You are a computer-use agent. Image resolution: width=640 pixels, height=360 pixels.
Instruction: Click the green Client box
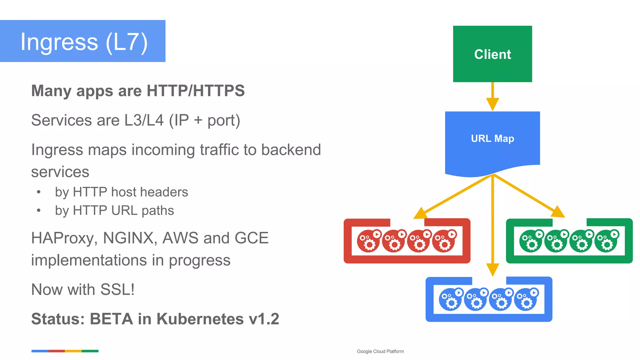coord(492,54)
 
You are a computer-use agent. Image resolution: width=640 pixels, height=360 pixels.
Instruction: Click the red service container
coord(407,241)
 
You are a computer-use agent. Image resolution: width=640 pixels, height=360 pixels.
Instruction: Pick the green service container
coord(569,241)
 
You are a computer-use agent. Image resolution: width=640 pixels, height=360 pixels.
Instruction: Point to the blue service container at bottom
coord(489,299)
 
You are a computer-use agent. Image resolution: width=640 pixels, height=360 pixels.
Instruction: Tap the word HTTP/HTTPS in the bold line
coord(196,91)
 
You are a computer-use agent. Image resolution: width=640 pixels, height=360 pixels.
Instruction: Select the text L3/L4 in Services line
coord(144,120)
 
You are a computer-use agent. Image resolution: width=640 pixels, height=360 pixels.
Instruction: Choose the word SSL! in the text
coord(117,289)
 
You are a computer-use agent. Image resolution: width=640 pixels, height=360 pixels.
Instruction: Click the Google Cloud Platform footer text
coord(380,352)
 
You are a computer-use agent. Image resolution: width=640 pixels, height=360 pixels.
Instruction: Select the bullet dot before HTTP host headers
coord(39,192)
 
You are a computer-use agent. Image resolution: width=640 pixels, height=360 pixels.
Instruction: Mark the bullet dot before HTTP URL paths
coord(39,211)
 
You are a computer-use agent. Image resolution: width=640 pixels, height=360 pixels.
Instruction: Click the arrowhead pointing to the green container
coord(558,212)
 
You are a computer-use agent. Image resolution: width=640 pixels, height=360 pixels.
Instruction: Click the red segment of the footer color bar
coord(57,351)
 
